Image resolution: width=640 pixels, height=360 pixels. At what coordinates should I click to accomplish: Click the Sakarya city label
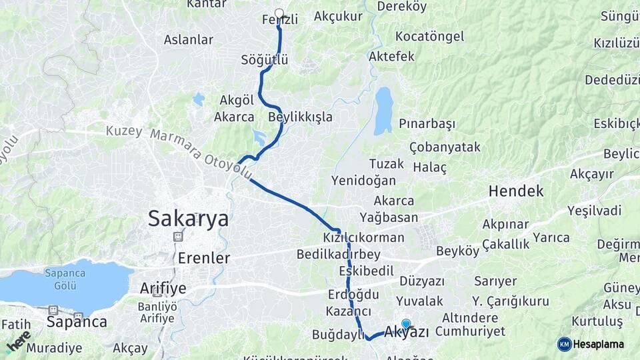coord(188,218)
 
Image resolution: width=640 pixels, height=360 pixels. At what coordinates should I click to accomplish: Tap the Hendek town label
coord(515,191)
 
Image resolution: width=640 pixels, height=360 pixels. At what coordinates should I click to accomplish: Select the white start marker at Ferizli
coord(279,13)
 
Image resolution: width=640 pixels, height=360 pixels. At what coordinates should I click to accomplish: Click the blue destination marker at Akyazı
coord(406,324)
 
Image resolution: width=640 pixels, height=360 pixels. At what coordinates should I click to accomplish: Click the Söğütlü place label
coord(265,60)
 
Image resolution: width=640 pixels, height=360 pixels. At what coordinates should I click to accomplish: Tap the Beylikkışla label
coord(300,117)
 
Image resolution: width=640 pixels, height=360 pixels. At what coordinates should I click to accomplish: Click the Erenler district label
coord(204,257)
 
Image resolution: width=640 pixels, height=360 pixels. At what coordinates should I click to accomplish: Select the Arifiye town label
coord(163,288)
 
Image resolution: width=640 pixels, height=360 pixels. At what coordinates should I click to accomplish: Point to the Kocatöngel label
coord(430,36)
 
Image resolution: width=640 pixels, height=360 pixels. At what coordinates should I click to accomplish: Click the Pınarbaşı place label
coord(427,124)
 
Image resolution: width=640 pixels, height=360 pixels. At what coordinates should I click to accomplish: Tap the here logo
coord(18,341)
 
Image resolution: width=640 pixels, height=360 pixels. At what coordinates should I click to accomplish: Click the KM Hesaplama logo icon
coord(565,344)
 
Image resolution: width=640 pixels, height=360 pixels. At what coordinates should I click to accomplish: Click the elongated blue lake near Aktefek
coord(383,111)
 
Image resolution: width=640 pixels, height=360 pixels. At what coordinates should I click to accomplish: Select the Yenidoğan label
coord(363,181)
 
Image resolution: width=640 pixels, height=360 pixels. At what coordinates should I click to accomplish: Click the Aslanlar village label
coord(189,39)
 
